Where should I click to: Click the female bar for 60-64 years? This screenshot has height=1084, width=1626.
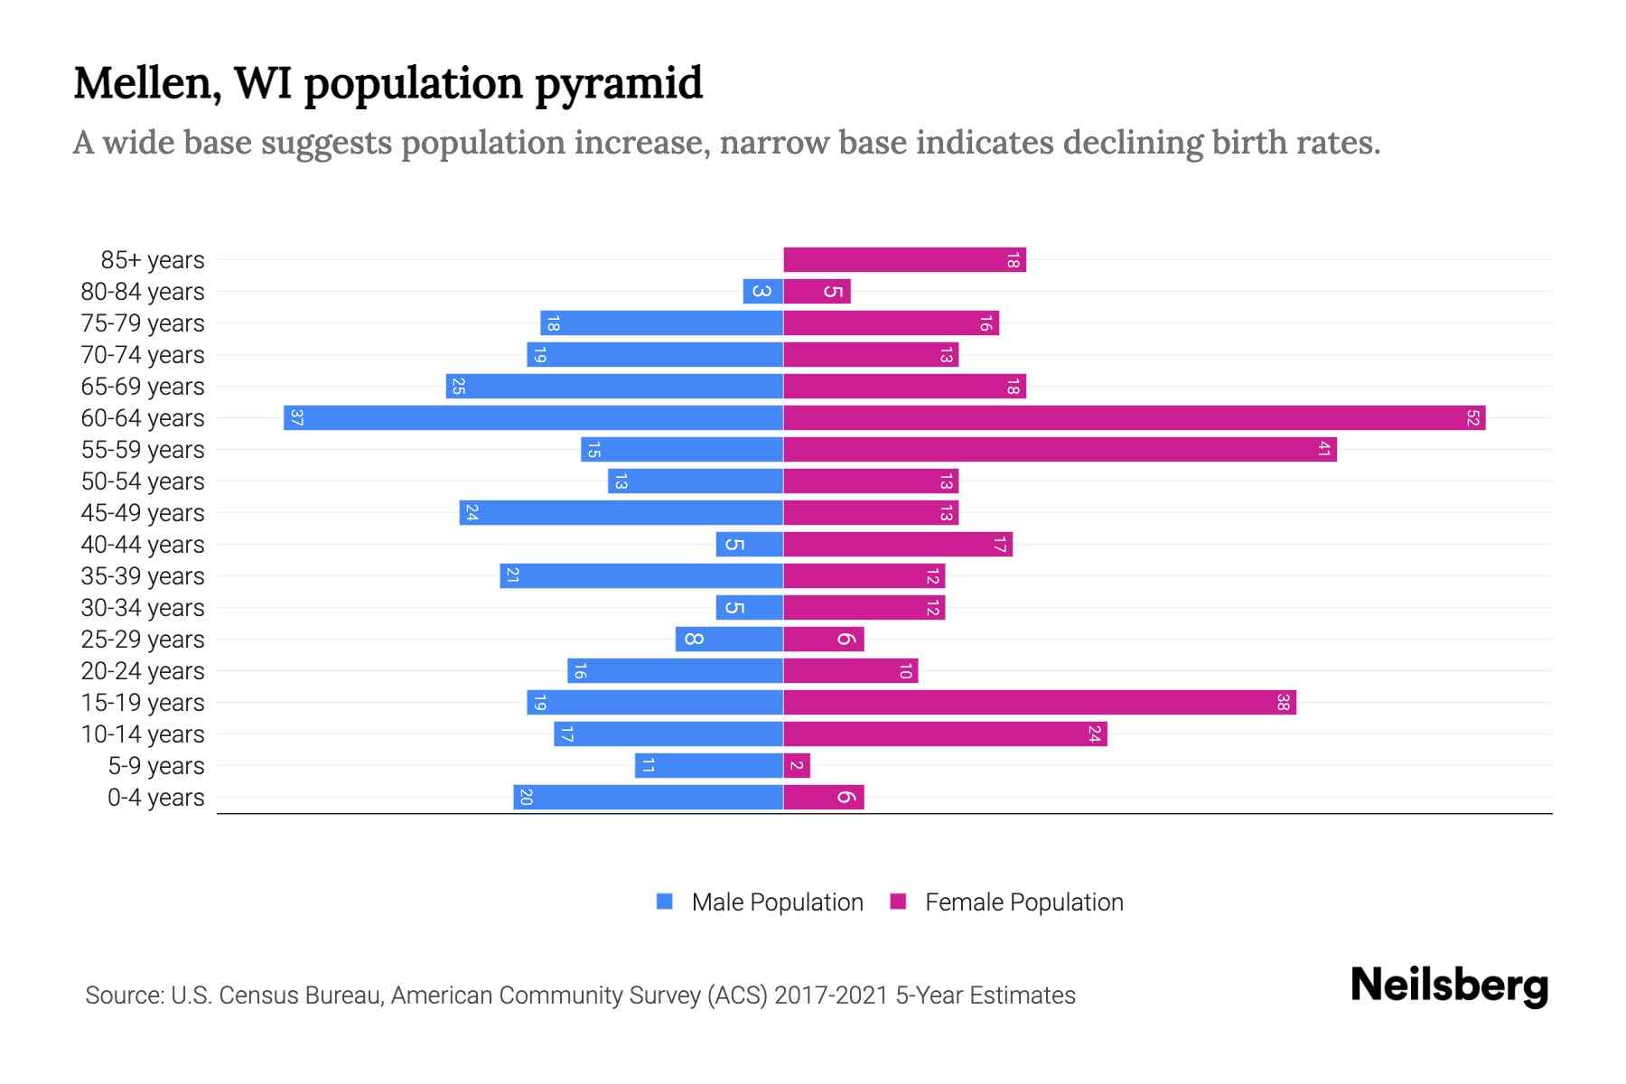click(x=1134, y=418)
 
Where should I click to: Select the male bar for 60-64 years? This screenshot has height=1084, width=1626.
click(x=533, y=418)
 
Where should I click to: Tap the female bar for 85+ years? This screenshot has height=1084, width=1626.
click(x=904, y=260)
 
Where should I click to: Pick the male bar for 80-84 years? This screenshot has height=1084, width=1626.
click(x=762, y=292)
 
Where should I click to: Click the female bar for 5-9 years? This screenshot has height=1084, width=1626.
click(x=797, y=766)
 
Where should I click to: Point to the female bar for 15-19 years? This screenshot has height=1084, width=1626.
click(x=1039, y=703)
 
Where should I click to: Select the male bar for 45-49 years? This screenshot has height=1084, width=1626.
click(x=621, y=513)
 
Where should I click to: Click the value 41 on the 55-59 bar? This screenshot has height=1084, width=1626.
click(x=1323, y=450)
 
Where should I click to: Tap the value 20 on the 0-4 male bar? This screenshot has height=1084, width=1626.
click(x=526, y=798)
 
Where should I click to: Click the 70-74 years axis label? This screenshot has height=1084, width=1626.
click(x=143, y=355)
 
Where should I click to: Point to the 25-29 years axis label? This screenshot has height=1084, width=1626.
click(x=143, y=640)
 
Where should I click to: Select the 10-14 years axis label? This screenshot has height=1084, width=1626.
click(x=143, y=734)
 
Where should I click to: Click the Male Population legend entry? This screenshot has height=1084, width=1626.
click(x=776, y=902)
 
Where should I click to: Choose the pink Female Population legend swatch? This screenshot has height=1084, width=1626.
click(x=898, y=902)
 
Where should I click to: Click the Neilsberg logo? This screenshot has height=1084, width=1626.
click(x=1449, y=986)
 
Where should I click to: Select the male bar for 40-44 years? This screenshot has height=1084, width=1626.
click(x=749, y=545)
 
